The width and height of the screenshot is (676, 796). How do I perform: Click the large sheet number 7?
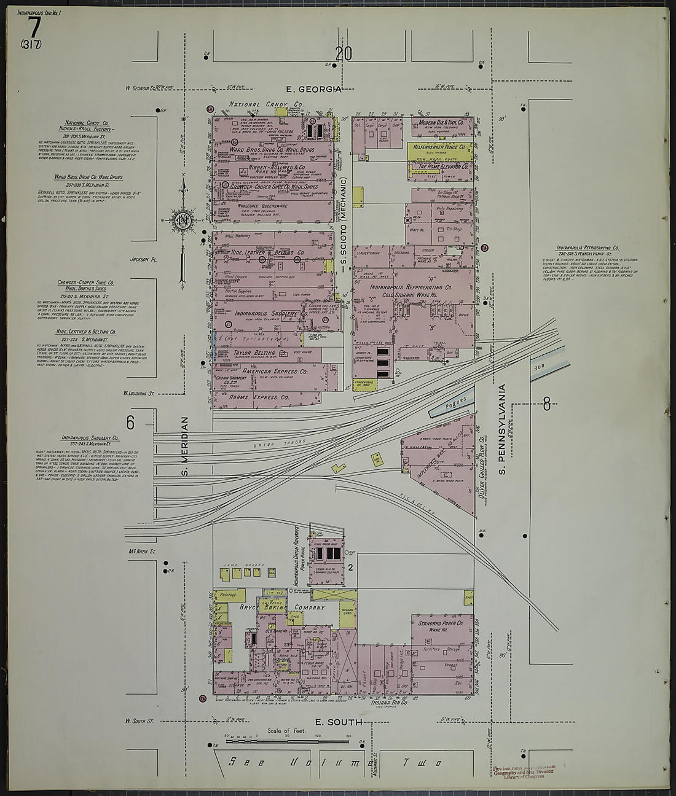tap(34, 27)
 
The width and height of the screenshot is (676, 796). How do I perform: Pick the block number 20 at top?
tap(344, 54)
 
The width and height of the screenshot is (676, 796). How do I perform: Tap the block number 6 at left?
tap(130, 423)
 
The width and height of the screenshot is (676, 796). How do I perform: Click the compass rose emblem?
tap(183, 222)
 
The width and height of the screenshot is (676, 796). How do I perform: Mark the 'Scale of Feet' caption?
tap(282, 731)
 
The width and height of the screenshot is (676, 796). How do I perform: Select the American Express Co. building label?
tap(275, 372)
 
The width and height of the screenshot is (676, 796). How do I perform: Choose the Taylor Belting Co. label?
tap(261, 354)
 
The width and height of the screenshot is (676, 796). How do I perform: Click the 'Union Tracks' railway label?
tap(270, 444)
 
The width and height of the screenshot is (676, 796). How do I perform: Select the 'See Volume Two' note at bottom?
tap(335, 763)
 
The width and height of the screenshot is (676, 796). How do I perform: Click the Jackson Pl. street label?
tap(144, 260)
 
